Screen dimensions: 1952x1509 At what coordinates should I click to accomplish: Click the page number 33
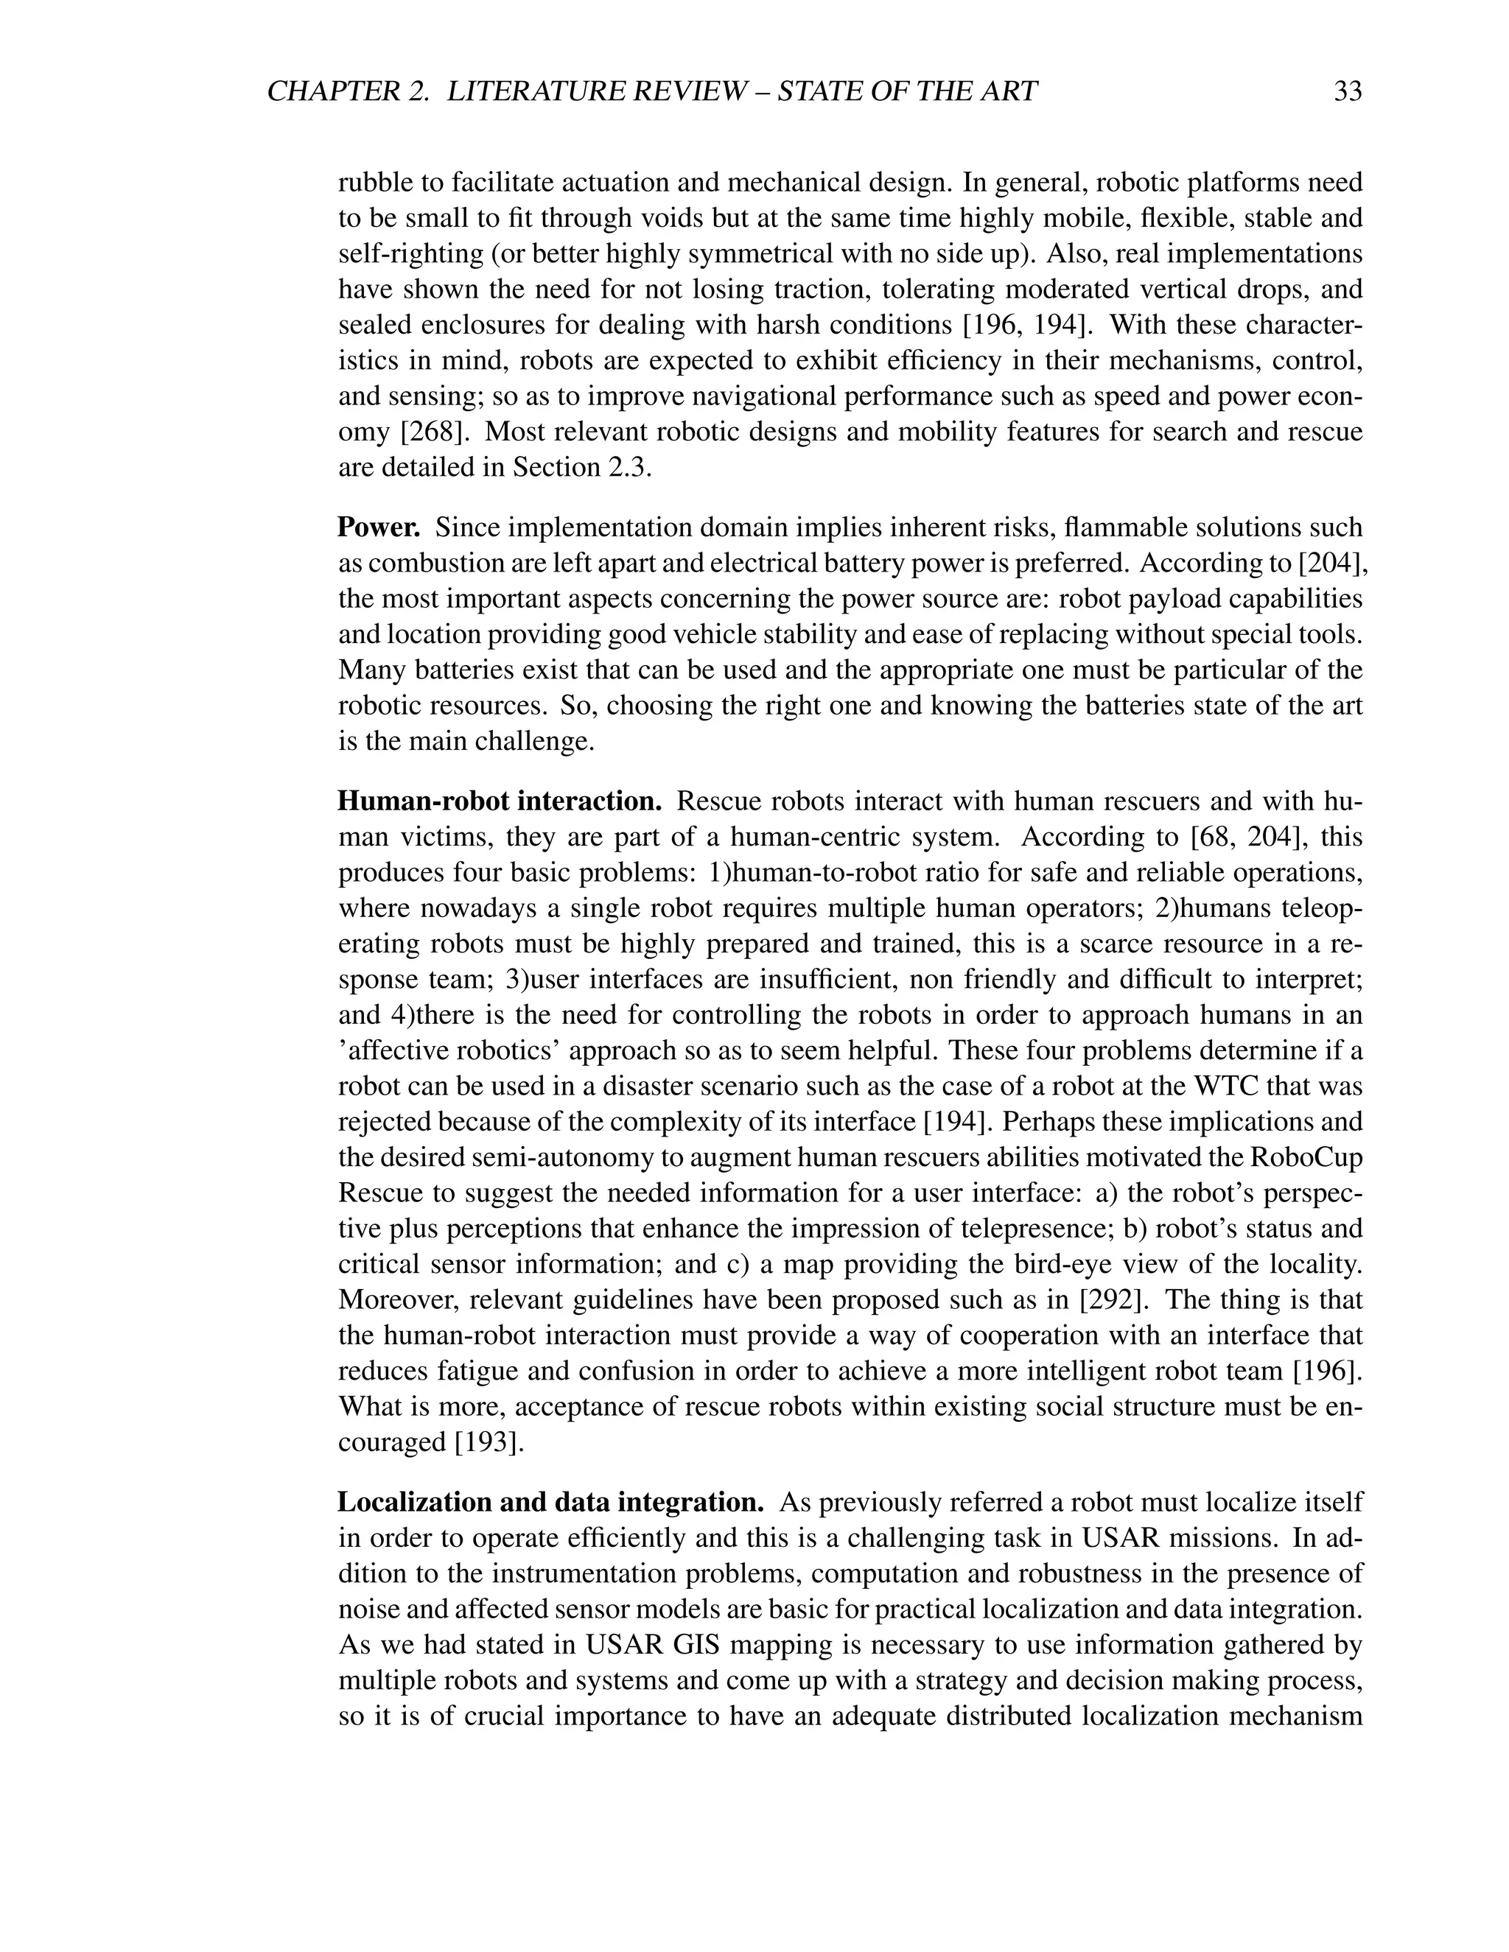point(1347,91)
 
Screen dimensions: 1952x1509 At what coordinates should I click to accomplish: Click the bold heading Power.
point(378,527)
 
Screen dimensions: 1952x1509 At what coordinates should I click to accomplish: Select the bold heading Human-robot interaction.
point(499,801)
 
